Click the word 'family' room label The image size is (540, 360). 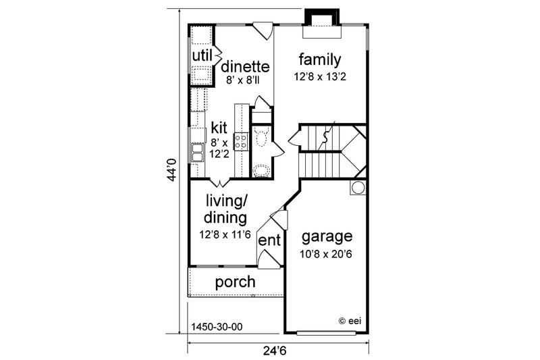(320, 59)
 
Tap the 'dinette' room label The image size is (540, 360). (246, 67)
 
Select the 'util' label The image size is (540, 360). (202, 54)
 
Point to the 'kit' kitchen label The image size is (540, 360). (219, 127)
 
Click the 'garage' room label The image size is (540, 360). (327, 237)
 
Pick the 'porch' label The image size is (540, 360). (235, 282)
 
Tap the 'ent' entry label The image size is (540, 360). (269, 240)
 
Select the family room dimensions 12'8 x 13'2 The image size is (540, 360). (320, 76)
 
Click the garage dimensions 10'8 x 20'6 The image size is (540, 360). (327, 254)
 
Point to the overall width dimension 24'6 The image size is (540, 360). (277, 351)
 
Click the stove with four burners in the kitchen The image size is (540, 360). (241, 140)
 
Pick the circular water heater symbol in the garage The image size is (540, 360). (358, 187)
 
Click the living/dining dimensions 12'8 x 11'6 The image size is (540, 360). (225, 235)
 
